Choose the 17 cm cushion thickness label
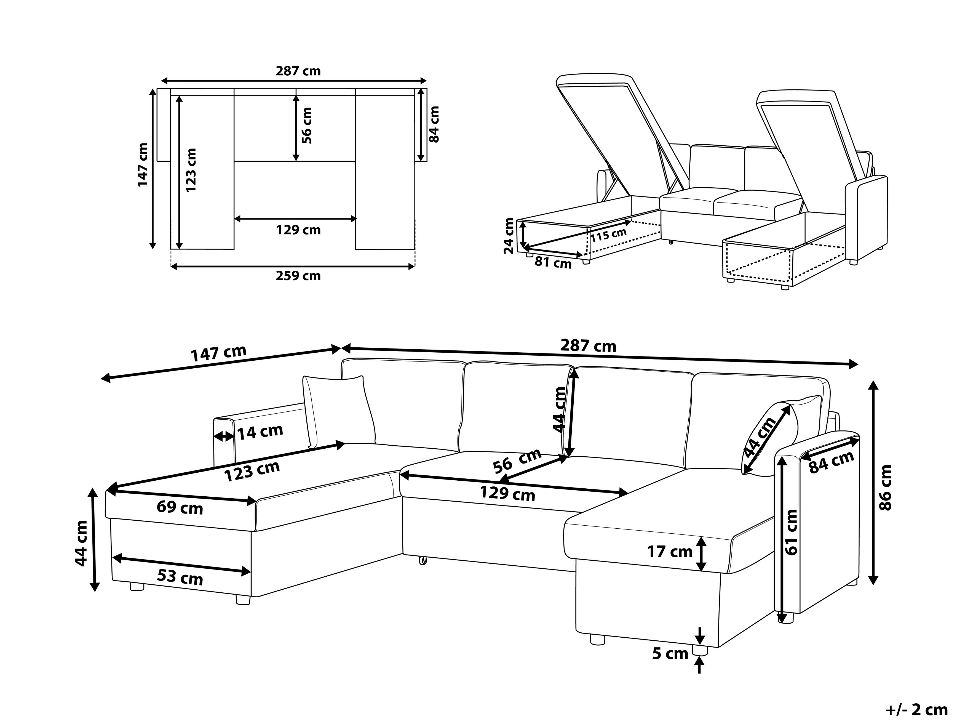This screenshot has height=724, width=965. click(x=670, y=552)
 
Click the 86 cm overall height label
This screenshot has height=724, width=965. click(x=886, y=488)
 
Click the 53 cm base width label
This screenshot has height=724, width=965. click(x=180, y=577)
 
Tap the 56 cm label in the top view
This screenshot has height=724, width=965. click(x=307, y=125)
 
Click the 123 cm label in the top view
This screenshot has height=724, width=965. click(x=191, y=170)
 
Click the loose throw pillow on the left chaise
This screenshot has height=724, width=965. click(x=338, y=410)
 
